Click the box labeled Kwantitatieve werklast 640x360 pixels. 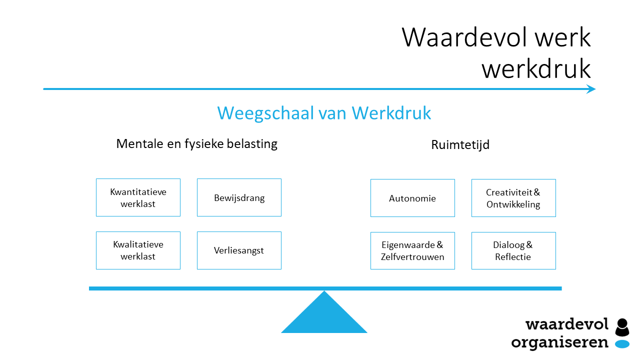click(x=138, y=197)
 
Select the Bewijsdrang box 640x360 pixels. click(x=239, y=197)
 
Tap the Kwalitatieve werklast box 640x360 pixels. click(x=138, y=250)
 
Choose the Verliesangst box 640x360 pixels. click(x=239, y=250)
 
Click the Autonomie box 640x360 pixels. click(x=412, y=198)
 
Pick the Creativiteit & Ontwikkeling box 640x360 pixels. click(x=513, y=198)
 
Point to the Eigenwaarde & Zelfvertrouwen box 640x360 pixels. click(x=412, y=250)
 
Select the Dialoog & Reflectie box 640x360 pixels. click(x=513, y=250)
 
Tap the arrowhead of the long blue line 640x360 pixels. click(x=591, y=89)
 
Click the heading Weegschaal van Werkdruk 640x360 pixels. click(x=324, y=113)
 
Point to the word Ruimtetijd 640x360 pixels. click(x=460, y=144)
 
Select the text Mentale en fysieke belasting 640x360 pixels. click(x=197, y=143)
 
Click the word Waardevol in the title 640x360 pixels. click(x=464, y=37)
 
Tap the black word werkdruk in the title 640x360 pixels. click(x=536, y=68)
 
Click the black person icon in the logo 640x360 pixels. click(x=622, y=327)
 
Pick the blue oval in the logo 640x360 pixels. click(x=622, y=344)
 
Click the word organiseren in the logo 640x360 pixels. click(x=559, y=342)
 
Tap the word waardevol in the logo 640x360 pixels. click(x=567, y=324)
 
